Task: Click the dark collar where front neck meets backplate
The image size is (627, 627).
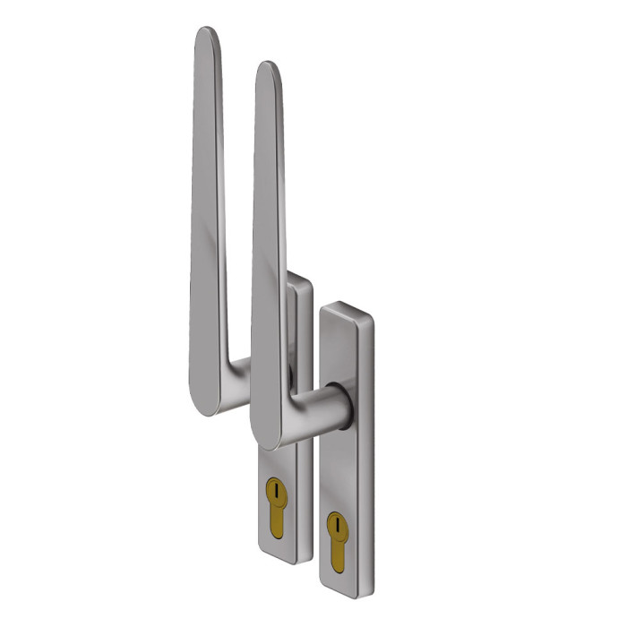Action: [x=345, y=403]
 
